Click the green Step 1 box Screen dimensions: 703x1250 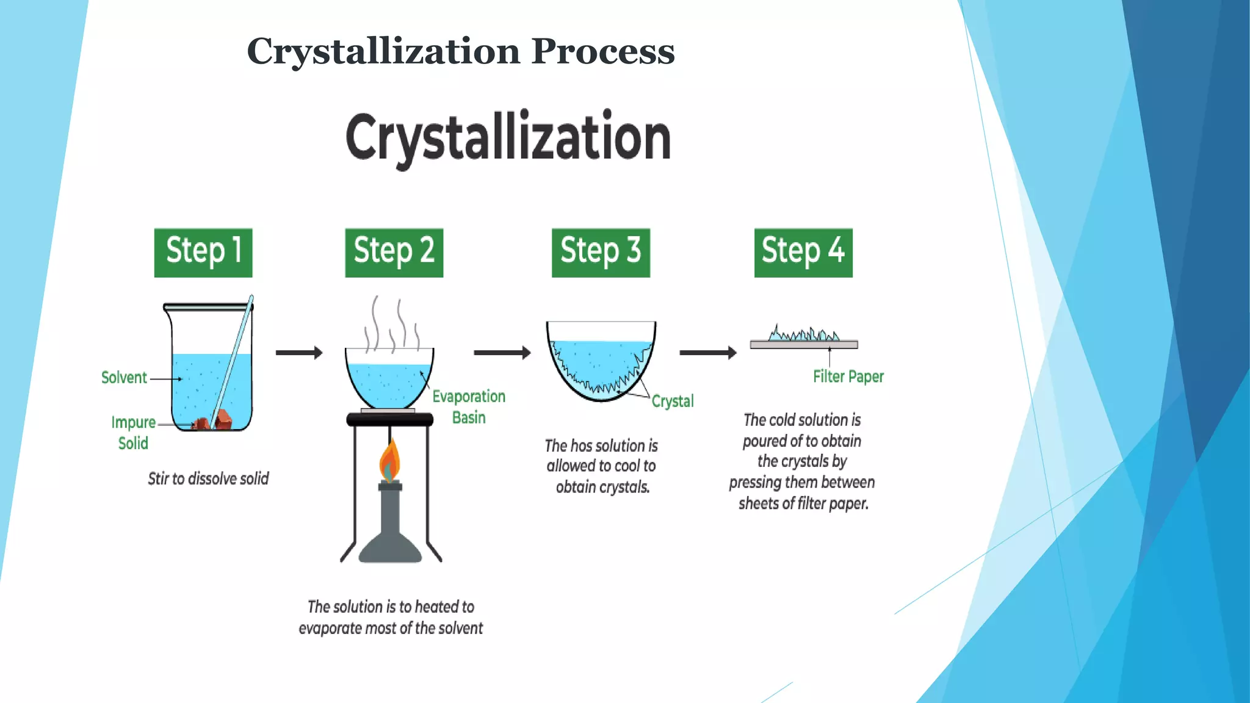pos(203,253)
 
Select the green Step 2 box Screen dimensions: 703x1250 pos(394,253)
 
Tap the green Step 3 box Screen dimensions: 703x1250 pos(601,253)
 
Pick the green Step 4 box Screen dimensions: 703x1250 pos(803,253)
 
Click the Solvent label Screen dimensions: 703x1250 pos(124,378)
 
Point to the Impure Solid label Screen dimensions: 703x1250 pos(133,432)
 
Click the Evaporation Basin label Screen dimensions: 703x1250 pos(469,407)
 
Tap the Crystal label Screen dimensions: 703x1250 pos(673,401)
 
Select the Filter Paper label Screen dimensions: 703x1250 pos(848,377)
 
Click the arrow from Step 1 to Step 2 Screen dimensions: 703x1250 pos(299,353)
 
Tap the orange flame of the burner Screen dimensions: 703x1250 pos(389,461)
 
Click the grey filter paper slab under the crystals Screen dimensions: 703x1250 pos(804,345)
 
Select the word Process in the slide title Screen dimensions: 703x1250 pos(603,51)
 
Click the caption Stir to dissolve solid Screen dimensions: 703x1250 pos(208,478)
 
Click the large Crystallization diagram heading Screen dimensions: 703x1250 pos(508,138)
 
